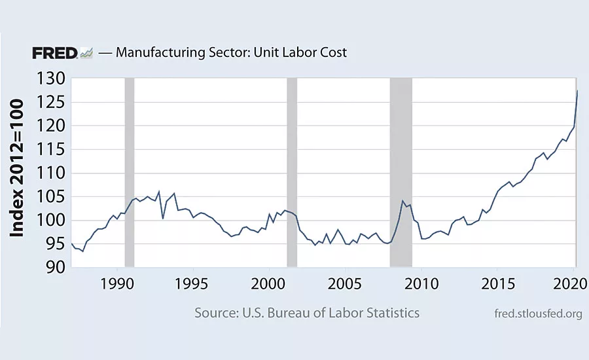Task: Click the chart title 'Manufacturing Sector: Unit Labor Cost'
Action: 231,53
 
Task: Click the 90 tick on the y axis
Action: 53,268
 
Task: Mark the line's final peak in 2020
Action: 577,90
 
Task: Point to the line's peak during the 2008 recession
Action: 403,201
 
